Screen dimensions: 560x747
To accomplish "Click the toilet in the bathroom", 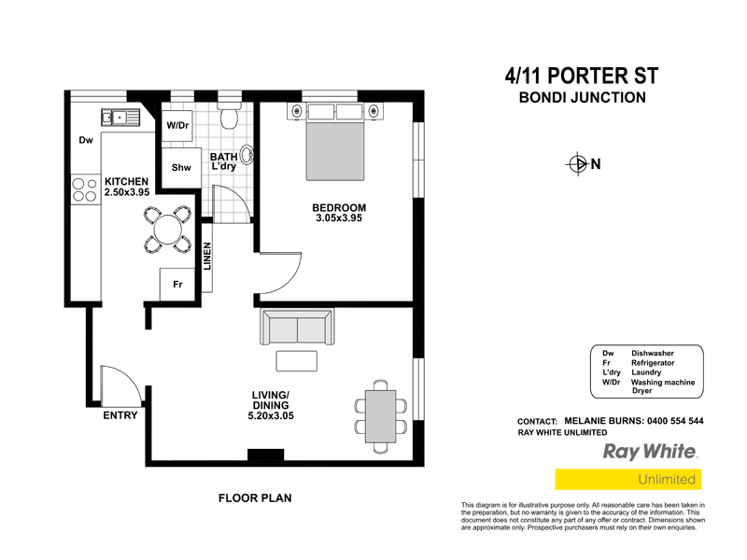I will click(x=230, y=117).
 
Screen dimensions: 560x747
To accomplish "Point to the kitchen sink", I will click(x=120, y=118).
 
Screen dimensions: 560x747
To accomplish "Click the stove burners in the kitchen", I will click(x=84, y=190).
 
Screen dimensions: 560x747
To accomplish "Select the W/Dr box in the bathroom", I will click(x=177, y=126).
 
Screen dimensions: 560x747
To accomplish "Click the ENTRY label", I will click(x=120, y=416).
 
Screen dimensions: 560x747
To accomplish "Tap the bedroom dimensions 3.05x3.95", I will click(x=339, y=218).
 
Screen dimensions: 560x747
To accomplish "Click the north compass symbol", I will click(x=576, y=165).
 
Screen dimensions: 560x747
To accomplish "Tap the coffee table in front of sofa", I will click(x=296, y=361).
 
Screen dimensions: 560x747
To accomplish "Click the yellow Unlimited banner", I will click(x=627, y=480).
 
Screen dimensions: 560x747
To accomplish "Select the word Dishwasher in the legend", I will click(x=653, y=354).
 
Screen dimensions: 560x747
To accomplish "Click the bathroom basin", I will click(x=248, y=155).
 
